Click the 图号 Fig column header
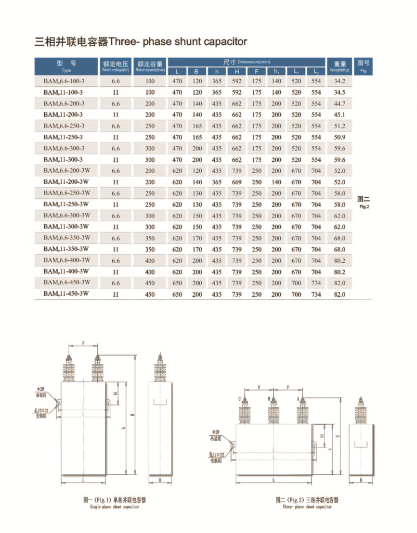[363, 66]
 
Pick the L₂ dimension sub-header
[316, 71]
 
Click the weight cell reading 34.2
[340, 81]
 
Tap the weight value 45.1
[340, 115]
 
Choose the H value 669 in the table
[237, 182]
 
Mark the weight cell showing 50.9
[340, 137]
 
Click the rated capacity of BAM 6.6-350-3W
[150, 238]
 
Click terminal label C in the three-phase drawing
[240, 399]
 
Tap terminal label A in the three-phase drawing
[298, 399]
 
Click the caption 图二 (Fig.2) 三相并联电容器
[307, 500]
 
